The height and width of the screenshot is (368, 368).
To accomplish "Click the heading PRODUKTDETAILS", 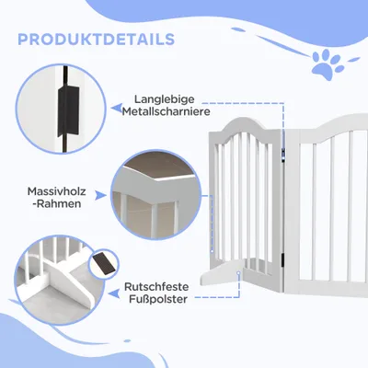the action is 97,40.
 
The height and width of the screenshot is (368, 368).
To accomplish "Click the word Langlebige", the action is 165,99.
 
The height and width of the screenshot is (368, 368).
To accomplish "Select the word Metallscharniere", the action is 167,111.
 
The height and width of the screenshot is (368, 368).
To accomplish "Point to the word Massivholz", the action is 57,191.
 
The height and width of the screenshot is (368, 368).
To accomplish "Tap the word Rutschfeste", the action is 156,287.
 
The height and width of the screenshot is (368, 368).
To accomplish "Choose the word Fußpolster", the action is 158,299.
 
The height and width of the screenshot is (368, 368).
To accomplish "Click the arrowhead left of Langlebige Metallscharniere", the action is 116,108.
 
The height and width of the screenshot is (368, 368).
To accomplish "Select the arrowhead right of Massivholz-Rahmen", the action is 100,195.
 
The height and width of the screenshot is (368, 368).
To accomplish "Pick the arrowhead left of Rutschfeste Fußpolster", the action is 115,293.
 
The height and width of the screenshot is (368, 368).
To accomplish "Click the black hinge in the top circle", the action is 69,110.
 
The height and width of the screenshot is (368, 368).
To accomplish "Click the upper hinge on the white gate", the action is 283,154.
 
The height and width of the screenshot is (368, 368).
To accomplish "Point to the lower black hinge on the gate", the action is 283,259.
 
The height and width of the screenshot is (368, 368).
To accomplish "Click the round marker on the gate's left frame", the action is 212,251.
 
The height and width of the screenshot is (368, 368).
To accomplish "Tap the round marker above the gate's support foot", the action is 238,272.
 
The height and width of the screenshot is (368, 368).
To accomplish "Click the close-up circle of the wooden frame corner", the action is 155,194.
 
